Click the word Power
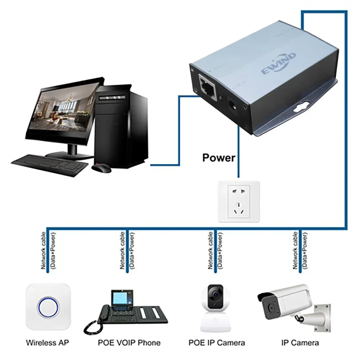[219, 157]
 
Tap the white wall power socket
[239, 202]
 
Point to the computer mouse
[101, 167]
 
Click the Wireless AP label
[48, 342]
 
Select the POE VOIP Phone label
[129, 342]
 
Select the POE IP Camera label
[217, 342]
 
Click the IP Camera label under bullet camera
[300, 342]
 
